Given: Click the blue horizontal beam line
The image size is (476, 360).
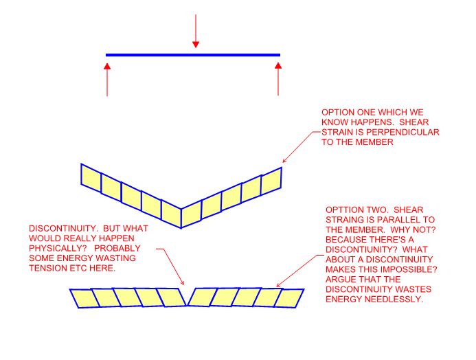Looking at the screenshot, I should pyautogui.click(x=151, y=54).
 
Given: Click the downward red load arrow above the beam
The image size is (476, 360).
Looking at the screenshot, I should pyautogui.click(x=196, y=31).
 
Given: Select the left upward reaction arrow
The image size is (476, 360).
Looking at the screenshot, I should pyautogui.click(x=107, y=78).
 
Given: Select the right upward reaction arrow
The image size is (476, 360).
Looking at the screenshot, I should pyautogui.click(x=278, y=78).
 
